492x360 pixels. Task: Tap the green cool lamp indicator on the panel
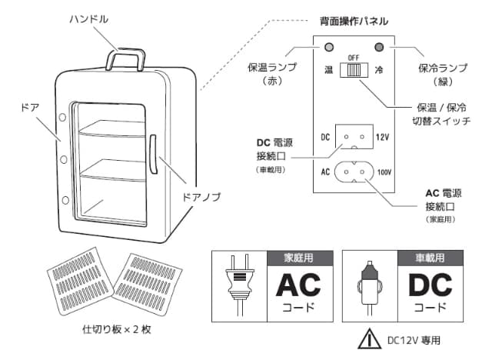[377, 47]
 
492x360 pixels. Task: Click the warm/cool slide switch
[354, 70]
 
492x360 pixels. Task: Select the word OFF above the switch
[354, 58]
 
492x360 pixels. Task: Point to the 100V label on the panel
[385, 172]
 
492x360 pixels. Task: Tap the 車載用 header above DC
[424, 258]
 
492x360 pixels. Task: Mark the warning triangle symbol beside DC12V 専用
[371, 338]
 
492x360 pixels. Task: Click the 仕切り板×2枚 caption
[115, 328]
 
